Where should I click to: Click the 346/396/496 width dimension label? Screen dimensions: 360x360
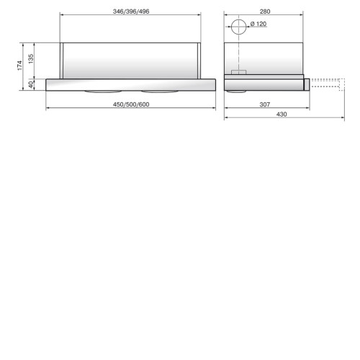point(131,12)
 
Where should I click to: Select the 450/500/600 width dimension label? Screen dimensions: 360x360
point(131,104)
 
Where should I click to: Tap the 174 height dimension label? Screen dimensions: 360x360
point(19,66)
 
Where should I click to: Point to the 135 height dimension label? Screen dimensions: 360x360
point(31,59)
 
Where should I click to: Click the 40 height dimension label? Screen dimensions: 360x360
point(31,84)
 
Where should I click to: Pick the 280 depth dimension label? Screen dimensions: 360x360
point(265,12)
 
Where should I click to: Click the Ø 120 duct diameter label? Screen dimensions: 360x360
point(258,24)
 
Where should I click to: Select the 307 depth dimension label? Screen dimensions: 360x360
point(265,104)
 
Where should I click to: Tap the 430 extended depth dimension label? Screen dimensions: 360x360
point(282,114)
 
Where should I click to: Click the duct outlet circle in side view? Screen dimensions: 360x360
point(239,19)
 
